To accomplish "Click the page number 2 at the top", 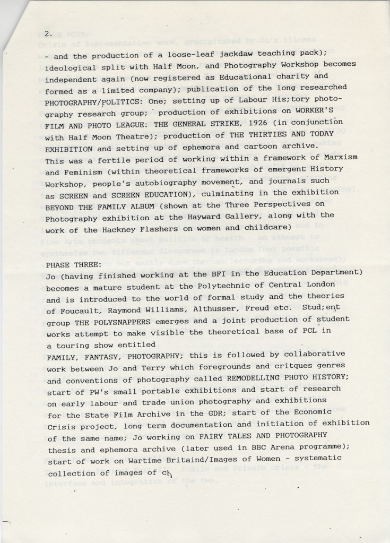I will click(x=48, y=33).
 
